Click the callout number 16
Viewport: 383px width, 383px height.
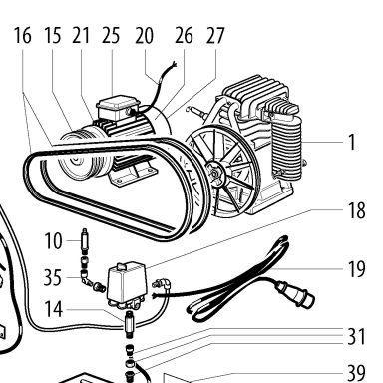[23, 36]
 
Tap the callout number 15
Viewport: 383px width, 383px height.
[53, 36]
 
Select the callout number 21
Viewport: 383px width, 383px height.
[81, 36]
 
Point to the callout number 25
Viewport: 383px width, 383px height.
[111, 36]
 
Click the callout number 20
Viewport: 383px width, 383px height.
[144, 36]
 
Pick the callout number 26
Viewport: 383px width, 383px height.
[184, 36]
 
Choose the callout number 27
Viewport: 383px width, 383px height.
[215, 36]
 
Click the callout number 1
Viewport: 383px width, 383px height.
[352, 142]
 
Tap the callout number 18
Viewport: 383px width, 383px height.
[356, 210]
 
